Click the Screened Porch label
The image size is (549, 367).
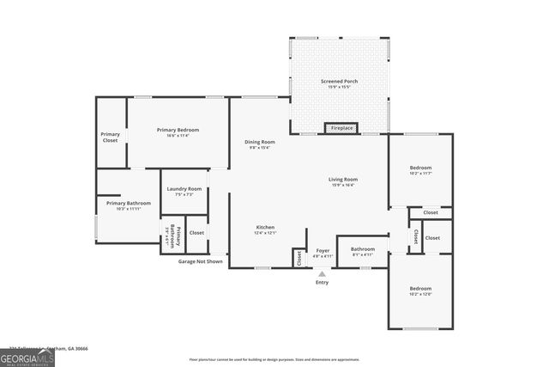(340, 82)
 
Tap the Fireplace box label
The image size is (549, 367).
(341, 129)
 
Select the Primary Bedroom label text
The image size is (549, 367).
(178, 130)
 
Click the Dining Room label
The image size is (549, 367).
(260, 142)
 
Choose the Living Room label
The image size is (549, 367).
(342, 180)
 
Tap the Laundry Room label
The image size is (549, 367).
(184, 189)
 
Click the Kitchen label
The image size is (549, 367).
(264, 228)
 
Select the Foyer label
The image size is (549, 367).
(323, 250)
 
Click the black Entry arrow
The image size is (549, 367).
(323, 273)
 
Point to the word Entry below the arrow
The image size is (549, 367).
(323, 283)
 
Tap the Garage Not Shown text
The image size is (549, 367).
(200, 261)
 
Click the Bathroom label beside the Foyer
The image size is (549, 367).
(362, 249)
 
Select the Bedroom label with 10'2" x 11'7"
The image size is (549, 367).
(420, 168)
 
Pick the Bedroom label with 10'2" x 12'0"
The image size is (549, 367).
(420, 289)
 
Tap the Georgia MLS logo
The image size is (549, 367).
(27, 356)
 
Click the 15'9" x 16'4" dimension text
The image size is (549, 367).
(342, 185)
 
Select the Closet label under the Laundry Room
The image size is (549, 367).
(196, 232)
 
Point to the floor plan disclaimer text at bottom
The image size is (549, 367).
(274, 358)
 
